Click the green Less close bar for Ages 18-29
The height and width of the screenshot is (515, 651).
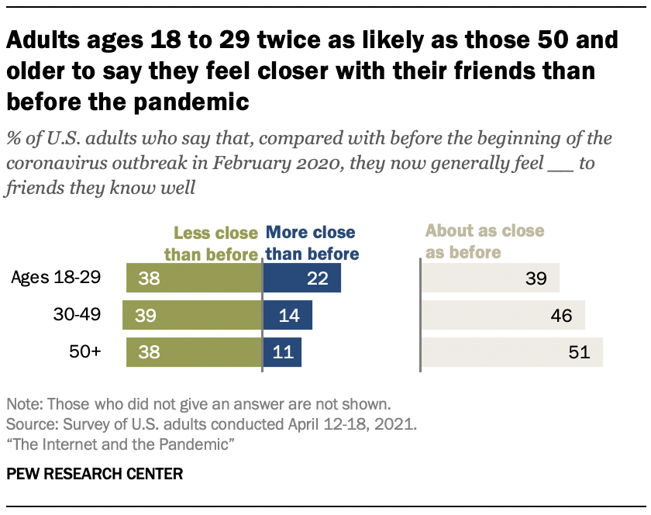point(194,278)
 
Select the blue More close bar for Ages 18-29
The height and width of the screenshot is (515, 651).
point(301,278)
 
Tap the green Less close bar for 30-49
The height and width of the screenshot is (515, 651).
point(192,316)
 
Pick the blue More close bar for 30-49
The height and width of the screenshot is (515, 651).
point(288,316)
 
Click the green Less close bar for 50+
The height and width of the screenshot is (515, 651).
point(194,352)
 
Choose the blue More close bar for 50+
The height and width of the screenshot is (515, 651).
point(282,352)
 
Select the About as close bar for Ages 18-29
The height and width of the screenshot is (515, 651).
point(490,278)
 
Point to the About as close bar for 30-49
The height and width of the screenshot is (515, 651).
point(502,316)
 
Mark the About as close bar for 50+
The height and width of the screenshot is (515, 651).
point(511,352)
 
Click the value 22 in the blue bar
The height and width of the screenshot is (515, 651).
point(318,278)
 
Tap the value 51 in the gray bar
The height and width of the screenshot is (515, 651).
point(579,353)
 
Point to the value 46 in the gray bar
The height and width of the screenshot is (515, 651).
point(561,316)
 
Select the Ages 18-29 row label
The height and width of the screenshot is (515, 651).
point(67,278)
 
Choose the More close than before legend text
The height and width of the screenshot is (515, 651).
point(312,243)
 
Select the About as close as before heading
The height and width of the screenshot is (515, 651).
point(484,240)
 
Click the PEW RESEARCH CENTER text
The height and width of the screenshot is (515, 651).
point(95,473)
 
